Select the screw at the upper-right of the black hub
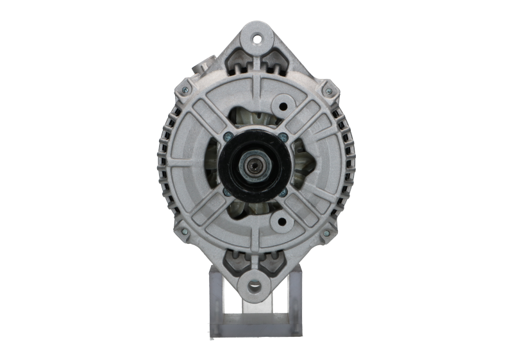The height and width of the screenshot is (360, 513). click(x=283, y=135)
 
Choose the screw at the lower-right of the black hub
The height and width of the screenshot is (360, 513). click(x=283, y=191)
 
